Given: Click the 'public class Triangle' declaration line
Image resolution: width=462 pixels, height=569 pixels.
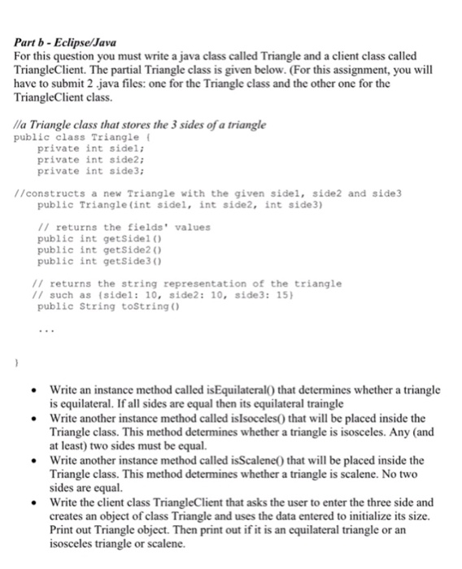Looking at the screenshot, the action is [x=72, y=137].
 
